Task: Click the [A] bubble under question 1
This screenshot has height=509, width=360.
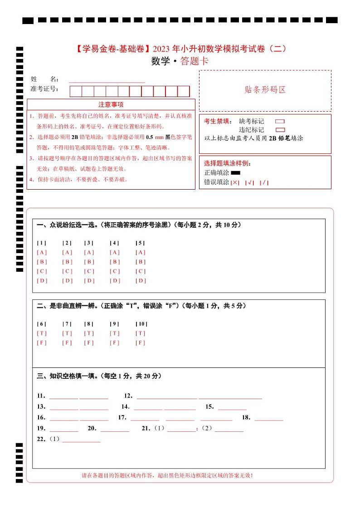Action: (42, 252)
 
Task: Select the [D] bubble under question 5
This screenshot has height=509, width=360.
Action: (141, 280)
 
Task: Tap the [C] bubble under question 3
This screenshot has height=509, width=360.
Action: (89, 271)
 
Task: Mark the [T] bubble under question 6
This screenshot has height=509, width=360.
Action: (42, 333)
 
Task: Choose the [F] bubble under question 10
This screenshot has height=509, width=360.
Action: (141, 343)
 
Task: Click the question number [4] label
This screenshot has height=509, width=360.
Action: (115, 243)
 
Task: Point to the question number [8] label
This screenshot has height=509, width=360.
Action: (89, 324)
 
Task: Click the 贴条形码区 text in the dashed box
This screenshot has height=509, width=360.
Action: (265, 90)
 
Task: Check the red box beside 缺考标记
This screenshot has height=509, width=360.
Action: (280, 122)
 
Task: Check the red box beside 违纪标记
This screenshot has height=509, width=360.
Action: (280, 130)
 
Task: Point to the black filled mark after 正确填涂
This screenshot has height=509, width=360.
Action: (235, 173)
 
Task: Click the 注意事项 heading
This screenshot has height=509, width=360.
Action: (111, 105)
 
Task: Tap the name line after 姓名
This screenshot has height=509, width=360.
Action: (107, 81)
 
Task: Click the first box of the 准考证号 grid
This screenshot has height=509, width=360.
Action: (76, 91)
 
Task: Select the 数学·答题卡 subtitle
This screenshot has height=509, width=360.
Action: (180, 62)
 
